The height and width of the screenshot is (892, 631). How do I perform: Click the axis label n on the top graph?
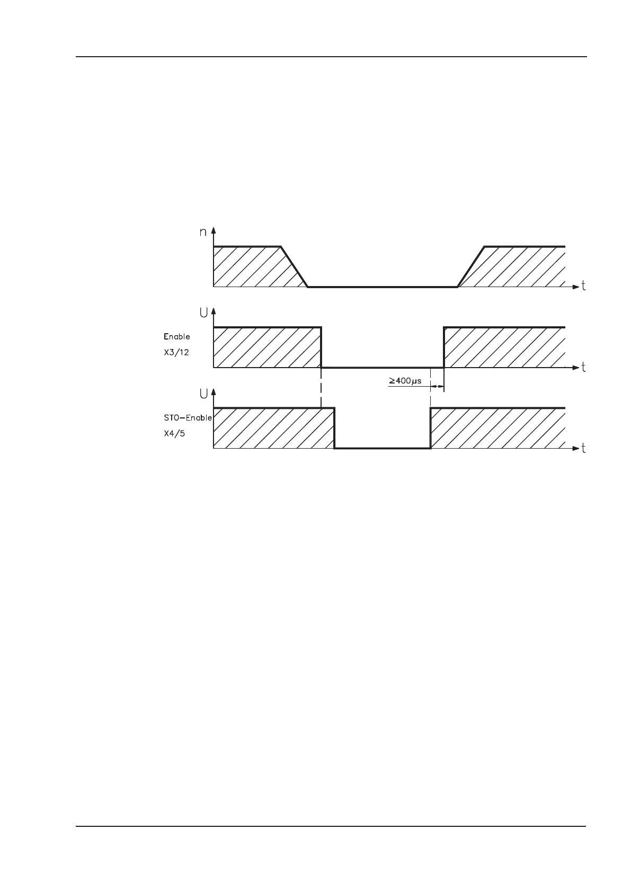[203, 232]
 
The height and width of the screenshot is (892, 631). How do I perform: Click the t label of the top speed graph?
[583, 286]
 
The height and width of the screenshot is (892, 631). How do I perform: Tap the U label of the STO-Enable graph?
[203, 394]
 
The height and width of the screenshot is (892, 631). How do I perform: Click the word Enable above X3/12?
[177, 336]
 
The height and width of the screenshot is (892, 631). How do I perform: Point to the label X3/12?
[176, 352]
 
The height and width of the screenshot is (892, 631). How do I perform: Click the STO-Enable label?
[188, 417]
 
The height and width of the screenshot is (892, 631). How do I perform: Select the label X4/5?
[174, 433]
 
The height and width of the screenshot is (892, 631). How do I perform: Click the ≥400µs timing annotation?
[405, 380]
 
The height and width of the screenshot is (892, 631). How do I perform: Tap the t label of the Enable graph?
[583, 367]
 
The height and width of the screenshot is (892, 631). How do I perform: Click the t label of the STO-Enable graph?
[583, 448]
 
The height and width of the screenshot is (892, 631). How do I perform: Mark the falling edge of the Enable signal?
[321, 347]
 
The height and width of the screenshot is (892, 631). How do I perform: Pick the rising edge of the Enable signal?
[443, 347]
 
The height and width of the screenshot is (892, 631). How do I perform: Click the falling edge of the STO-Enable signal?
[334, 428]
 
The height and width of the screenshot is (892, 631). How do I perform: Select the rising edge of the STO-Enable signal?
[430, 428]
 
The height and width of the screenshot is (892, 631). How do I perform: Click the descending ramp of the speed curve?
[295, 266]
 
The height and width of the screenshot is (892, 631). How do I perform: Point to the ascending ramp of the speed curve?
[471, 266]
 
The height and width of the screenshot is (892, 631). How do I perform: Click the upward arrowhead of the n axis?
[214, 231]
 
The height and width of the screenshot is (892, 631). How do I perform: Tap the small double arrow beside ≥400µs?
[437, 387]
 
